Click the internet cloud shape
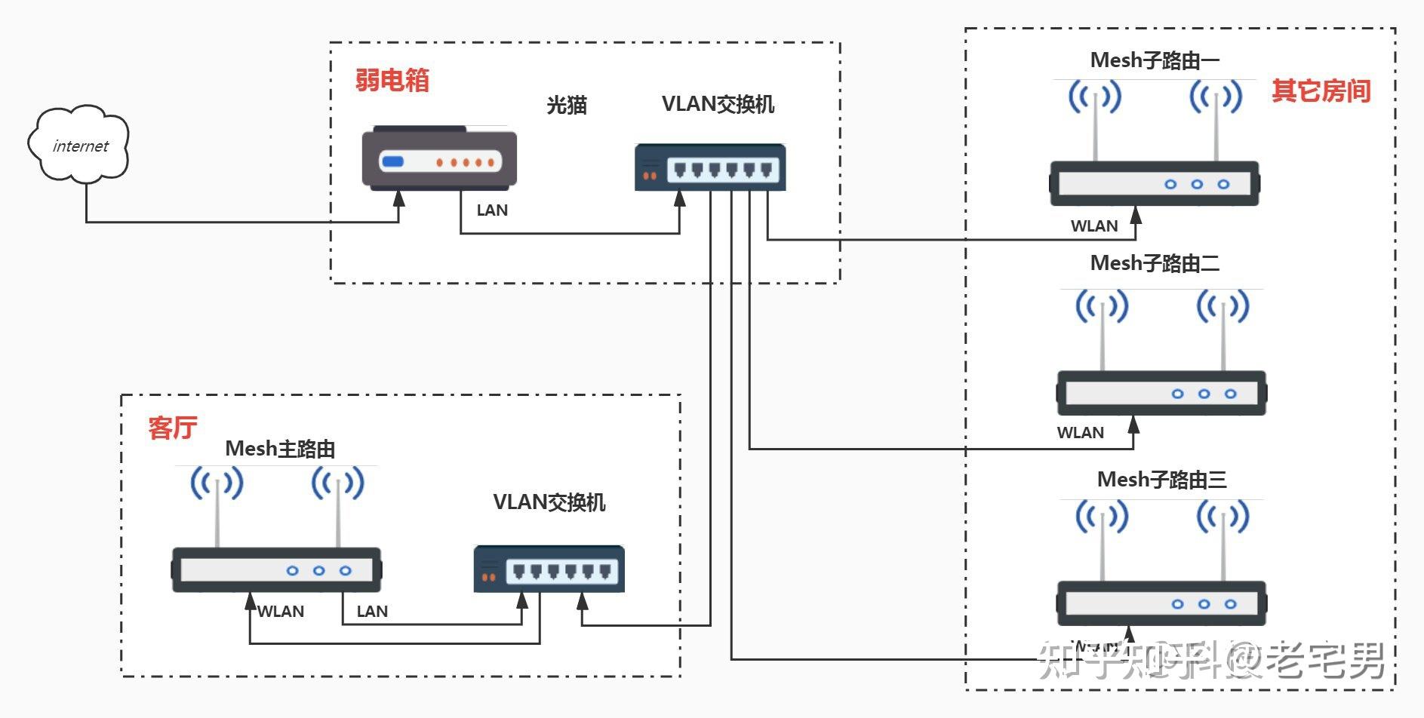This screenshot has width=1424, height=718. (78, 145)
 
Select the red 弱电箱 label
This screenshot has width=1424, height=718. (392, 80)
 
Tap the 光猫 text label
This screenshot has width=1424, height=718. (567, 105)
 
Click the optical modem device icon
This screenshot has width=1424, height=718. (439, 158)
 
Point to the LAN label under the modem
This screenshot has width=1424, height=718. (492, 211)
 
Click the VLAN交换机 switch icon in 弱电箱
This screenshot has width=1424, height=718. (709, 167)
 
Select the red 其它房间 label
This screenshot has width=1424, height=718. (1321, 91)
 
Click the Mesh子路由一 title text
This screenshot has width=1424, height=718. (1155, 60)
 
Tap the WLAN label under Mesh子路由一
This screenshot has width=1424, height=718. (1094, 226)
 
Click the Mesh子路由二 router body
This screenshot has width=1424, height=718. (1161, 393)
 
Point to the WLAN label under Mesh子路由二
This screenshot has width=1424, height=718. (1080, 433)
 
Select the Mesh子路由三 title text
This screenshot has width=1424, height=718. (1161, 480)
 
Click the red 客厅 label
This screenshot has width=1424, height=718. (172, 428)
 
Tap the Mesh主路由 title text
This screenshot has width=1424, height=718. (280, 449)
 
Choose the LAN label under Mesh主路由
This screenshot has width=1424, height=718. (372, 612)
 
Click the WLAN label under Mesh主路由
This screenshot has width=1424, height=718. (281, 612)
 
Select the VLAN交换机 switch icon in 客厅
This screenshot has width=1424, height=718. (549, 569)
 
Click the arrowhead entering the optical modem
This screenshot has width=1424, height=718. (399, 198)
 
